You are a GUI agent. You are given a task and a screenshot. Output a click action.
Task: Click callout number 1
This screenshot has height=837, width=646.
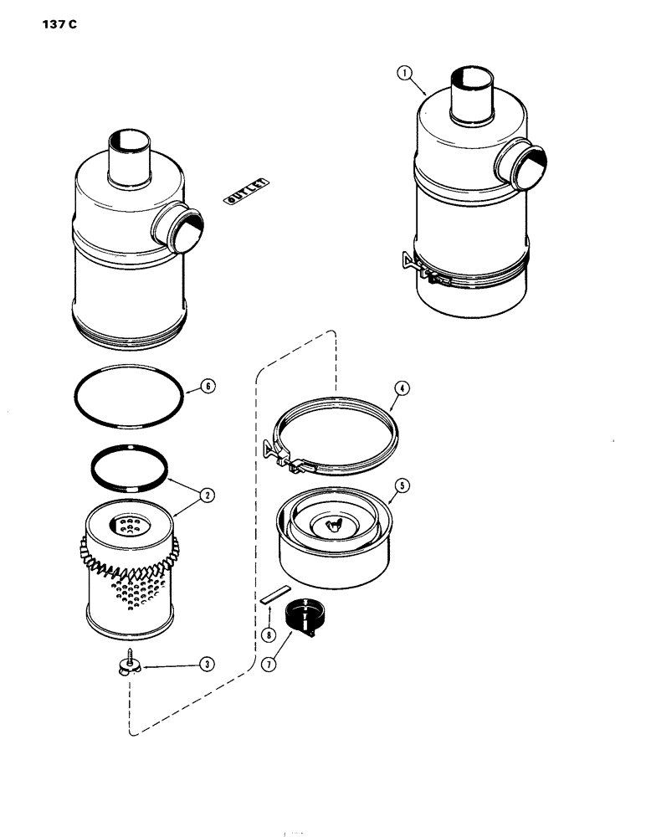406,74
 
